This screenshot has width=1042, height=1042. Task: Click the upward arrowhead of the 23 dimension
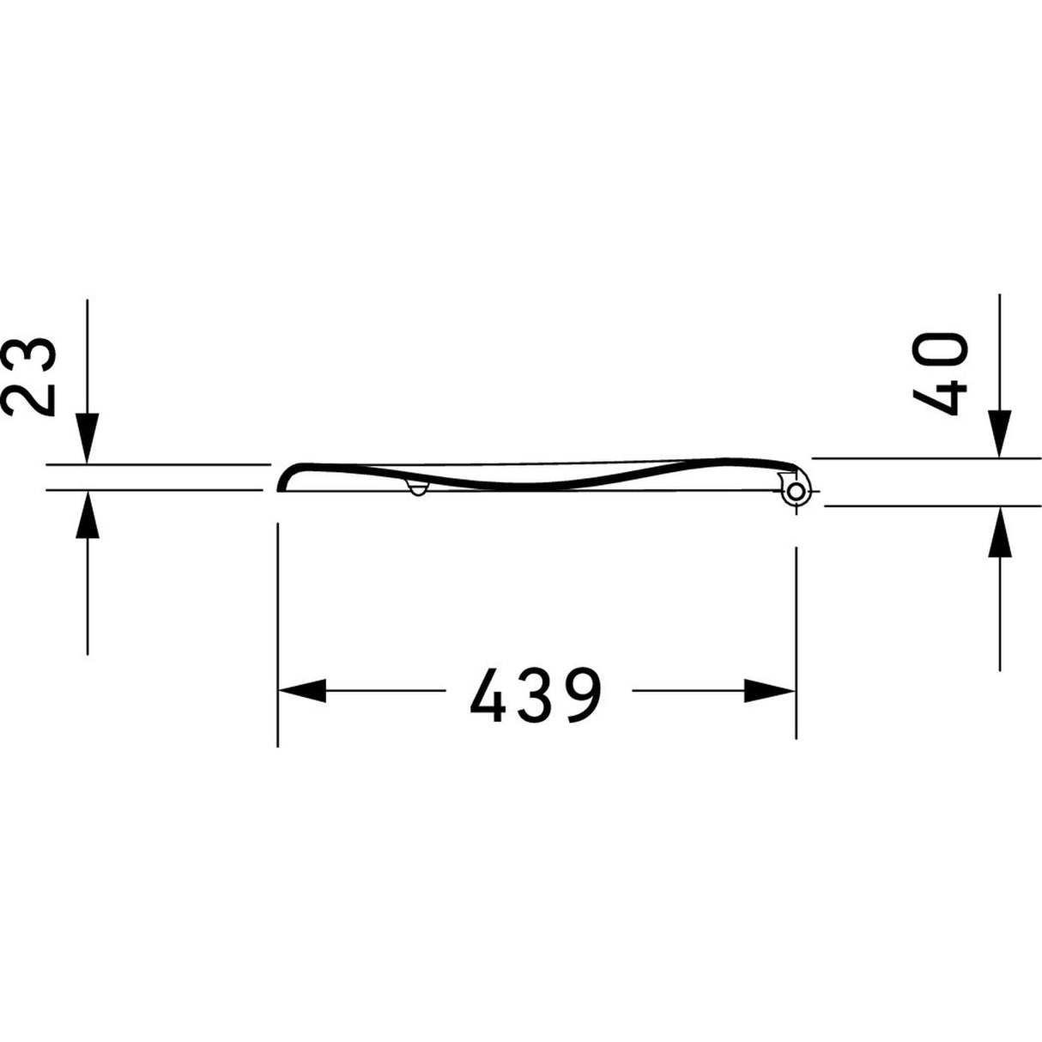click(x=87, y=517)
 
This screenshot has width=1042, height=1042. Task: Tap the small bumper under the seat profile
click(x=418, y=489)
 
